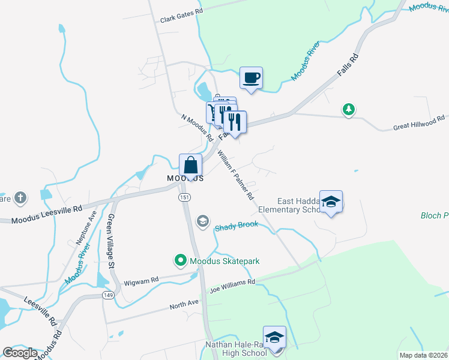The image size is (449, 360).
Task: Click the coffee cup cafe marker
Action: pyautogui.click(x=252, y=77)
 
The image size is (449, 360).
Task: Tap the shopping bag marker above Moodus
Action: pyautogui.click(x=190, y=165)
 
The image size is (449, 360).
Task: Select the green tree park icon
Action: pyautogui.click(x=348, y=109)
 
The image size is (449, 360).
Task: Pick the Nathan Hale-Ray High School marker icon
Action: pyautogui.click(x=274, y=337)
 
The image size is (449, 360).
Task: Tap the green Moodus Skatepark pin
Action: pyautogui.click(x=180, y=260)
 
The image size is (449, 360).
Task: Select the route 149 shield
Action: pyautogui.click(x=108, y=295)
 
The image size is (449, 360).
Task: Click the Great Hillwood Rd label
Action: pyautogui.click(x=419, y=124)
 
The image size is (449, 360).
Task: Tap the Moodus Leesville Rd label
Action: pyautogui.click(x=46, y=209)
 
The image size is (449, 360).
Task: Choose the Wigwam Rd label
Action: pyautogui.click(x=141, y=280)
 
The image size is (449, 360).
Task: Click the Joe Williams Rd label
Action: pyautogui.click(x=232, y=285)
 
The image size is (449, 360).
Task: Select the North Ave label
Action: pyautogui.click(x=184, y=304)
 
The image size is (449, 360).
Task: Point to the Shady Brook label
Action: pyautogui.click(x=236, y=226)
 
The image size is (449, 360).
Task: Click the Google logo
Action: pyautogui.click(x=20, y=353)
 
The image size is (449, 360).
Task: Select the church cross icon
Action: pyautogui.click(x=20, y=197)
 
